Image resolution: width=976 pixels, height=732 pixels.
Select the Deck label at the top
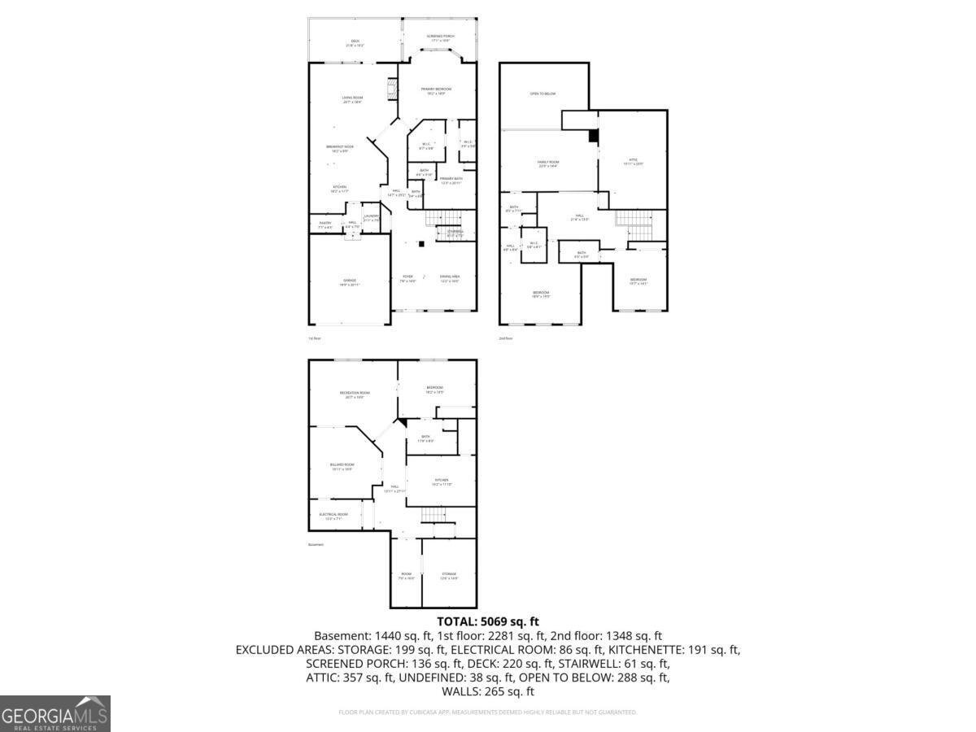[x=355, y=43]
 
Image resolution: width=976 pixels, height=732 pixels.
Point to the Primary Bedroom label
[x=436, y=90]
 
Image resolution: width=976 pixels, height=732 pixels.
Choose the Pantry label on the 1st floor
[x=325, y=224]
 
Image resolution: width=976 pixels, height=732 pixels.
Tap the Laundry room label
[x=371, y=217]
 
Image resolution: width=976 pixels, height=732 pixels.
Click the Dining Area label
[x=450, y=279]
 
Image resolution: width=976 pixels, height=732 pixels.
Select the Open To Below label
[x=542, y=94]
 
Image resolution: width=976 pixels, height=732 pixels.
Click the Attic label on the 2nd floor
[x=632, y=161]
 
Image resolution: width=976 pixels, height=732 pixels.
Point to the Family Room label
[x=548, y=163]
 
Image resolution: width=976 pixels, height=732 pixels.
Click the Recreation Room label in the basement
[x=353, y=394]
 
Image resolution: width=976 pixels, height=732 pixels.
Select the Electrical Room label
[x=333, y=516]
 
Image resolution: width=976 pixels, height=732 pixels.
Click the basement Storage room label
[x=449, y=575]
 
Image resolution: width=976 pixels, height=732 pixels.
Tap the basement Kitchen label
[x=441, y=482]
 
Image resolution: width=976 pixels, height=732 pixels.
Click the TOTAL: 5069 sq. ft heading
[x=488, y=621]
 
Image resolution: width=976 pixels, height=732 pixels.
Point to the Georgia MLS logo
[x=54, y=713]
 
